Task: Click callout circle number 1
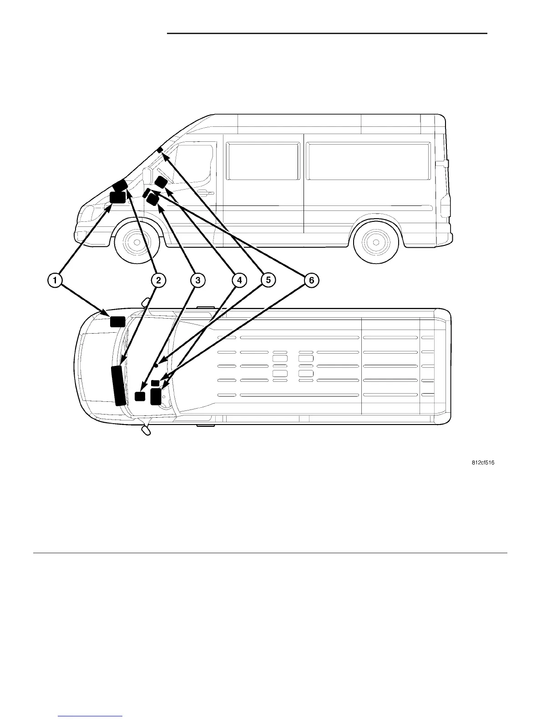coord(55,280)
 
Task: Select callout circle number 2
coord(158,280)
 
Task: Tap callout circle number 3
coord(197,280)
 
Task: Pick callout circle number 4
coord(239,280)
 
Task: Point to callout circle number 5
coord(268,280)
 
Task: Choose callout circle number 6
coord(311,280)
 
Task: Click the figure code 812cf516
coord(482,463)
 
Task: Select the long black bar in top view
coord(119,384)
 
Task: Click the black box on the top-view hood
coord(117,321)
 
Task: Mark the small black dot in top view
coord(156,365)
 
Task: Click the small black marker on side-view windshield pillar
coord(159,150)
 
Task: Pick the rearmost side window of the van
coord(368,161)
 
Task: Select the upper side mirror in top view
coord(146,302)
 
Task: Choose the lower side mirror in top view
coord(146,430)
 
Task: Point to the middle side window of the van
coord(263,161)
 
